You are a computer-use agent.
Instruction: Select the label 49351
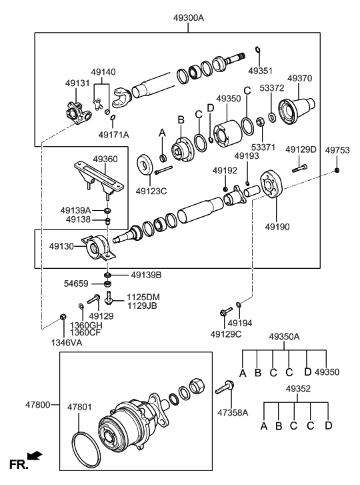coord(260,69)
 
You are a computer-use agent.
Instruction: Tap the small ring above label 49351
coord(258,50)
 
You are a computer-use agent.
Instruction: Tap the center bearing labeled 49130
coord(98,250)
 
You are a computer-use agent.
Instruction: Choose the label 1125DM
coord(144,296)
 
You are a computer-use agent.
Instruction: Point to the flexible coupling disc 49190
coord(273,185)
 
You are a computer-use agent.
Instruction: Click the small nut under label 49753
coord(337,171)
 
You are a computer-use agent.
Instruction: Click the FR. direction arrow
coord(35,457)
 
